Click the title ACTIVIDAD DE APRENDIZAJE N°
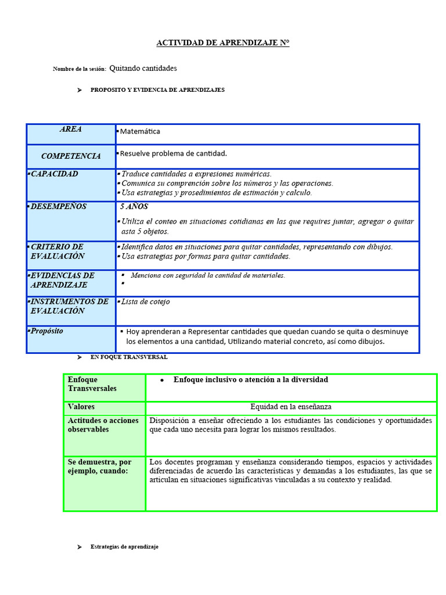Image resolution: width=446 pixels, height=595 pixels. pos(223,43)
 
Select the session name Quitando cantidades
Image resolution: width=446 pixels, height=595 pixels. pos(143,69)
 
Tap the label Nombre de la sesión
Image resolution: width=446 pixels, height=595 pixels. pos(80,69)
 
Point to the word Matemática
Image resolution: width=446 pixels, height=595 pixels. pos(140,131)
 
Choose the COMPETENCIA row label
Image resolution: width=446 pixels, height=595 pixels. pos(71,156)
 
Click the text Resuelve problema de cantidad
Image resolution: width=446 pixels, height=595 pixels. pos(173,153)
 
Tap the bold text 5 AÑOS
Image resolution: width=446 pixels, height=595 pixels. pos(134,207)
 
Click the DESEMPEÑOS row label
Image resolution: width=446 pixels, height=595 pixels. pos(58,207)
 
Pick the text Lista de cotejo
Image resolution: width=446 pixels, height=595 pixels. pos(145,302)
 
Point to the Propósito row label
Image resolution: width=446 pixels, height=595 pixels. pos(47,331)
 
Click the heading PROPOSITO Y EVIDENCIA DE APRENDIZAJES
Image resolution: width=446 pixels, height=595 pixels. pos(157,90)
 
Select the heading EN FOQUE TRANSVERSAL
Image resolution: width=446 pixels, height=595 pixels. pos(129,357)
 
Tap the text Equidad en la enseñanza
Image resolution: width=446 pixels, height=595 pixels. pos(291,407)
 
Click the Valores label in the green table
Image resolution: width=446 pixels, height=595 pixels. pos(81,407)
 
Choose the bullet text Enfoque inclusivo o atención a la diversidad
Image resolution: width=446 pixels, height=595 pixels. pos(250,380)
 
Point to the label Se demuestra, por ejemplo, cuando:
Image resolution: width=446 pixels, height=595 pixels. pos(99,467)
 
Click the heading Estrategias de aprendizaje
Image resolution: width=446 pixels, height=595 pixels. pos(124,547)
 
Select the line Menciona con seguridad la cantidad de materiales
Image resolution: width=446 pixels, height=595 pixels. pos(207,275)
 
